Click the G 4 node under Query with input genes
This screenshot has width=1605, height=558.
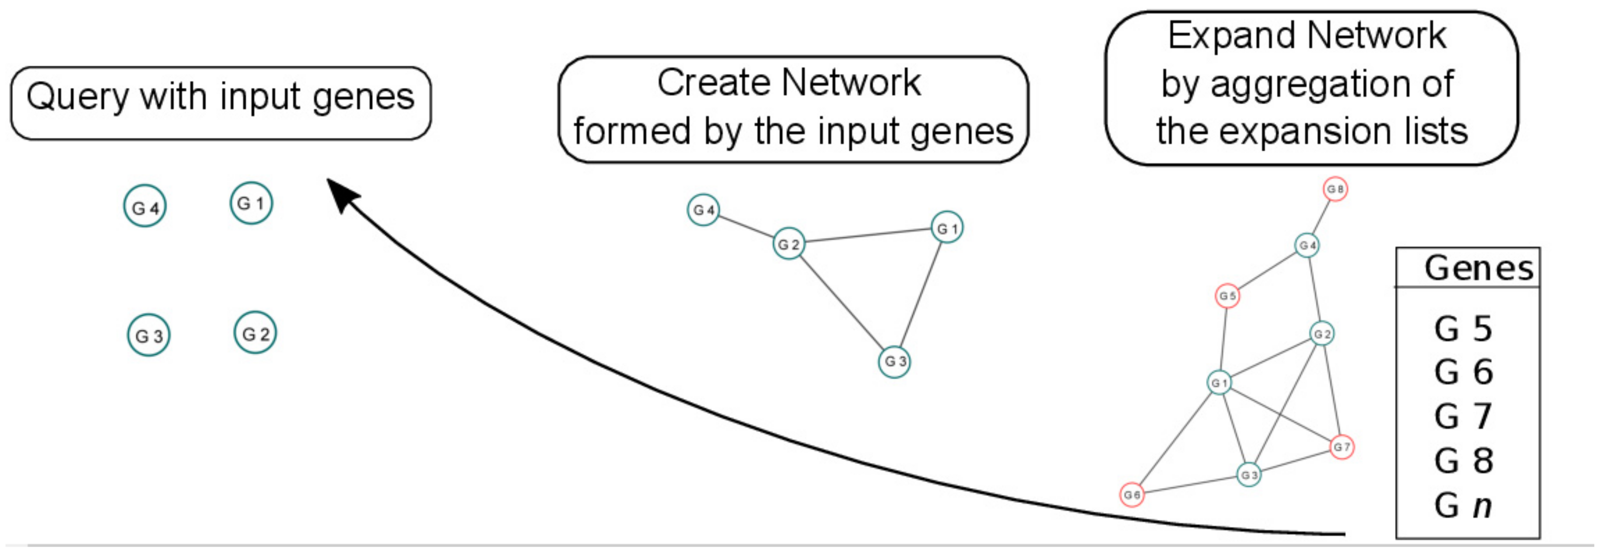pyautogui.click(x=144, y=206)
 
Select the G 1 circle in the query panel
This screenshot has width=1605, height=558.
pyautogui.click(x=251, y=203)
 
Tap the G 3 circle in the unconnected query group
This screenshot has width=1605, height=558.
pyautogui.click(x=148, y=335)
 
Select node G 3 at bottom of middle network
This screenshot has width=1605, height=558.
pyautogui.click(x=894, y=361)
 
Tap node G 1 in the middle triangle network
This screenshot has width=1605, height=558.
pyautogui.click(x=946, y=227)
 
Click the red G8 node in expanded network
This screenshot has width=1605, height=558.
pyautogui.click(x=1335, y=189)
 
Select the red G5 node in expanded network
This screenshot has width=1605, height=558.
pyautogui.click(x=1227, y=296)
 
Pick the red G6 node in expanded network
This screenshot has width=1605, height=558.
pyautogui.click(x=1132, y=495)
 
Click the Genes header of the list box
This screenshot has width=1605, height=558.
pyautogui.click(x=1478, y=269)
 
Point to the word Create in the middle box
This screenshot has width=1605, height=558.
pyautogui.click(x=714, y=83)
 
